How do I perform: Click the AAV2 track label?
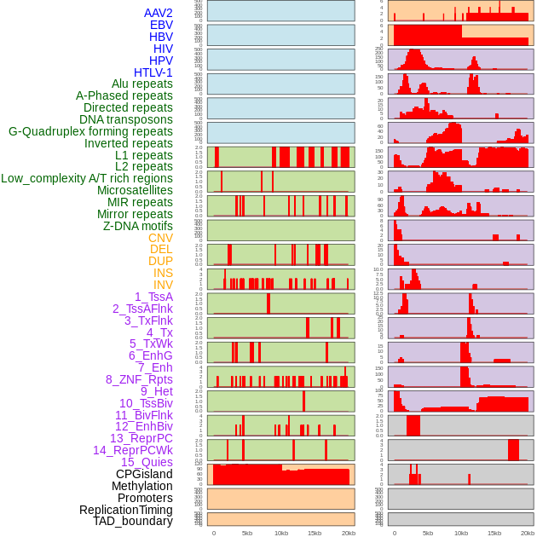(x=158, y=13)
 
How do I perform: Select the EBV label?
(x=161, y=25)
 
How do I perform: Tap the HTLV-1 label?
(x=153, y=72)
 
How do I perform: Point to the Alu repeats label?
(x=141, y=84)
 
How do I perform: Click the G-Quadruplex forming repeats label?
(x=90, y=131)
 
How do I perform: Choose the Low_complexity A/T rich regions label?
(x=87, y=178)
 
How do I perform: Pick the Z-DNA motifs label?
(x=137, y=226)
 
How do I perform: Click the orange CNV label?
(x=160, y=238)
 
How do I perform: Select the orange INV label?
(x=163, y=285)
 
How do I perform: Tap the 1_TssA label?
(x=153, y=297)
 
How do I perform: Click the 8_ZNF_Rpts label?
(x=139, y=379)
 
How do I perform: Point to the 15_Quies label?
(x=147, y=462)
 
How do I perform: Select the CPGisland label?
(x=144, y=474)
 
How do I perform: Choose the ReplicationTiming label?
(x=125, y=510)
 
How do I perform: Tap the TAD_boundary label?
(x=132, y=521)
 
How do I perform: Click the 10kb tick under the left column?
(x=280, y=533)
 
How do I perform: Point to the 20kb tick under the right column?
(x=528, y=533)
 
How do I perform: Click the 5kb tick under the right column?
(x=427, y=533)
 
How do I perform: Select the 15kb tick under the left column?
(x=315, y=533)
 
